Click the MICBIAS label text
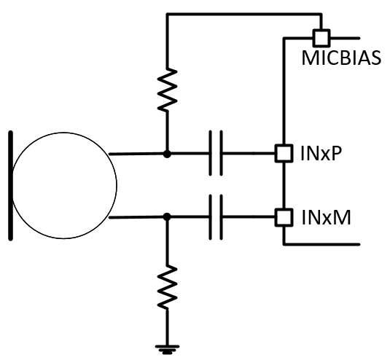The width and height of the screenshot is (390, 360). pyautogui.click(x=342, y=58)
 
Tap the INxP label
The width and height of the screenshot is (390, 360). pyautogui.click(x=317, y=154)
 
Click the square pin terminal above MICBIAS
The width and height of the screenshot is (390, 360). pyautogui.click(x=319, y=36)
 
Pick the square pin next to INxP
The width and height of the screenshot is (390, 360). pyautogui.click(x=282, y=154)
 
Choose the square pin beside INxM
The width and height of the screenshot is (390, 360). pyautogui.click(x=282, y=216)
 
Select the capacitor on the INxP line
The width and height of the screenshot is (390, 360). pyautogui.click(x=215, y=154)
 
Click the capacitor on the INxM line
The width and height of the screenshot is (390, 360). pyautogui.click(x=215, y=216)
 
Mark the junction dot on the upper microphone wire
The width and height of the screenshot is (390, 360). pyautogui.click(x=168, y=154)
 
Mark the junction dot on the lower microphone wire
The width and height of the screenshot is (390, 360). pyautogui.click(x=168, y=216)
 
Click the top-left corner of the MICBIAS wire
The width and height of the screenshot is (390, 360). pyautogui.click(x=168, y=14)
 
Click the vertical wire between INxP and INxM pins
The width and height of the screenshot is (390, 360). pyautogui.click(x=282, y=185)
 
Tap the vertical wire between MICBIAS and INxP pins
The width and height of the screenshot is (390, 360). pyautogui.click(x=282, y=95)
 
